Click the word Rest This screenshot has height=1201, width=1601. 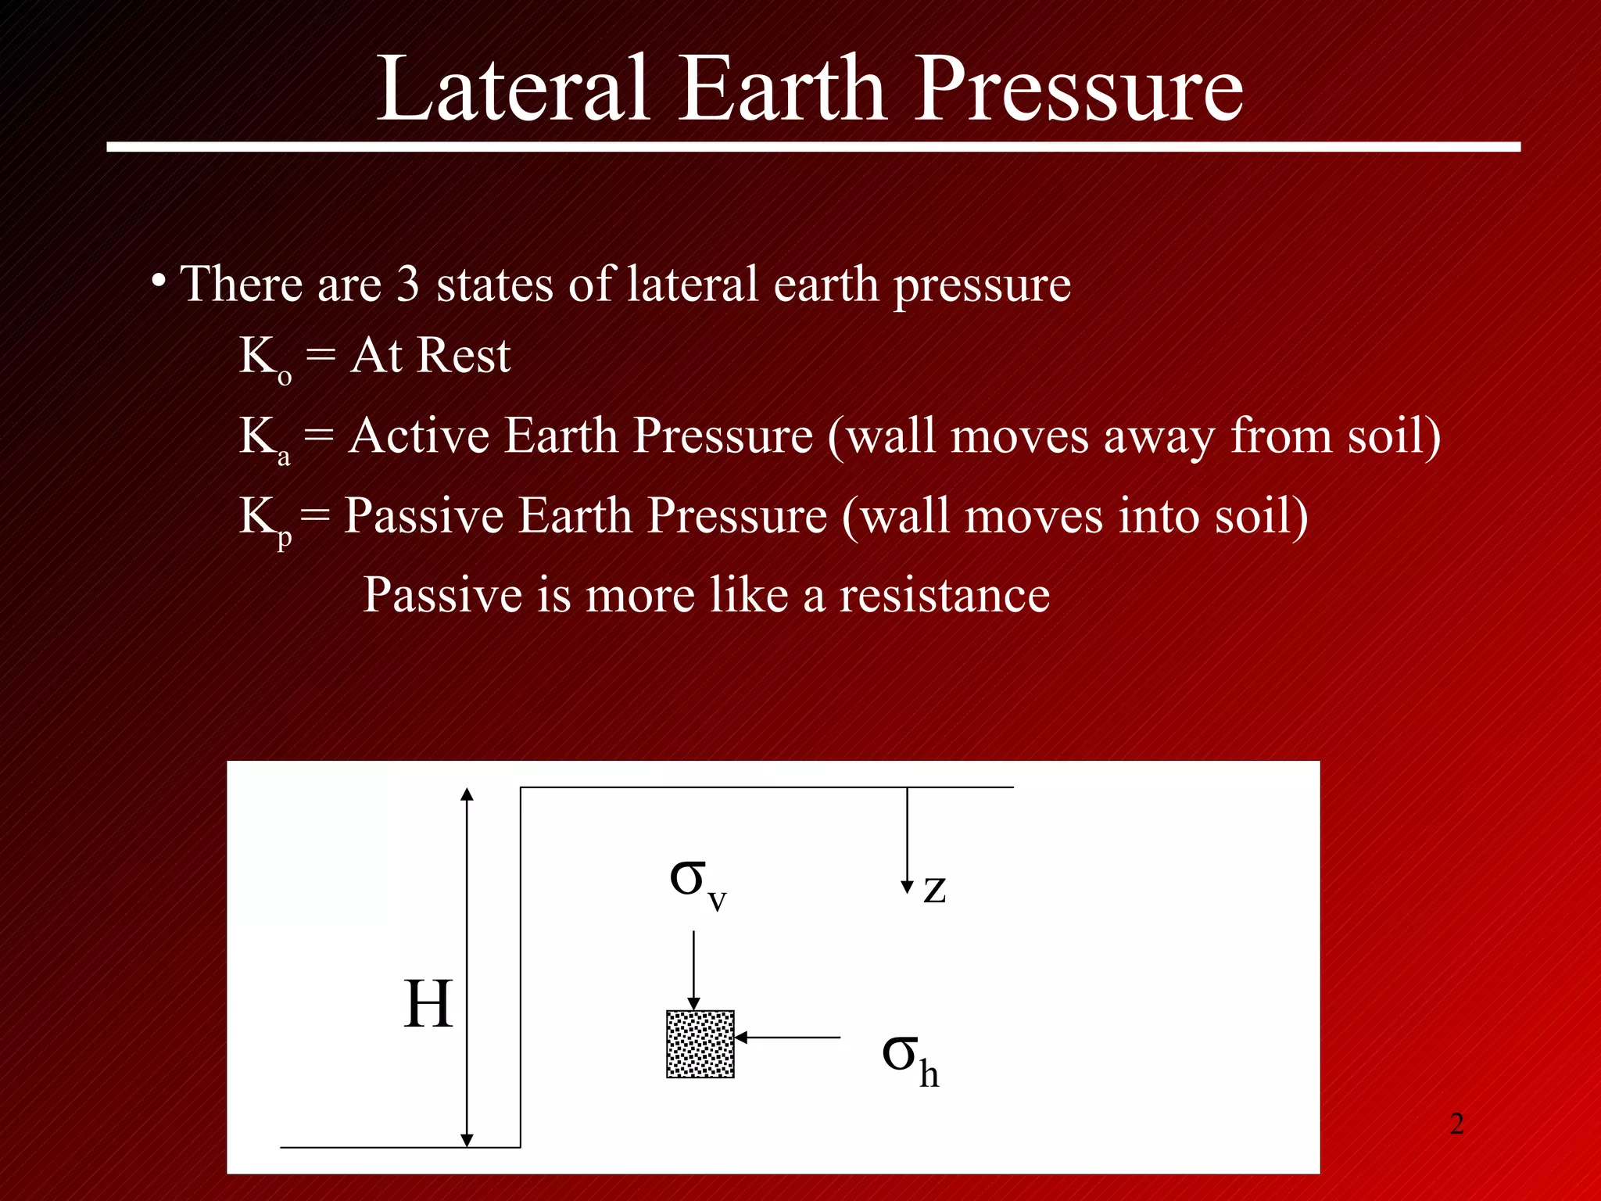(464, 356)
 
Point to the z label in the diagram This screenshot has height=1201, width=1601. (934, 889)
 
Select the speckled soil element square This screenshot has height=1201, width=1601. (700, 1044)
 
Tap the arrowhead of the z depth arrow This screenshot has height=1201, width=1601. (907, 887)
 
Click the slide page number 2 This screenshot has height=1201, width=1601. (1456, 1124)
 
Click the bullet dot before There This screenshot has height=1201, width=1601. (159, 281)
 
